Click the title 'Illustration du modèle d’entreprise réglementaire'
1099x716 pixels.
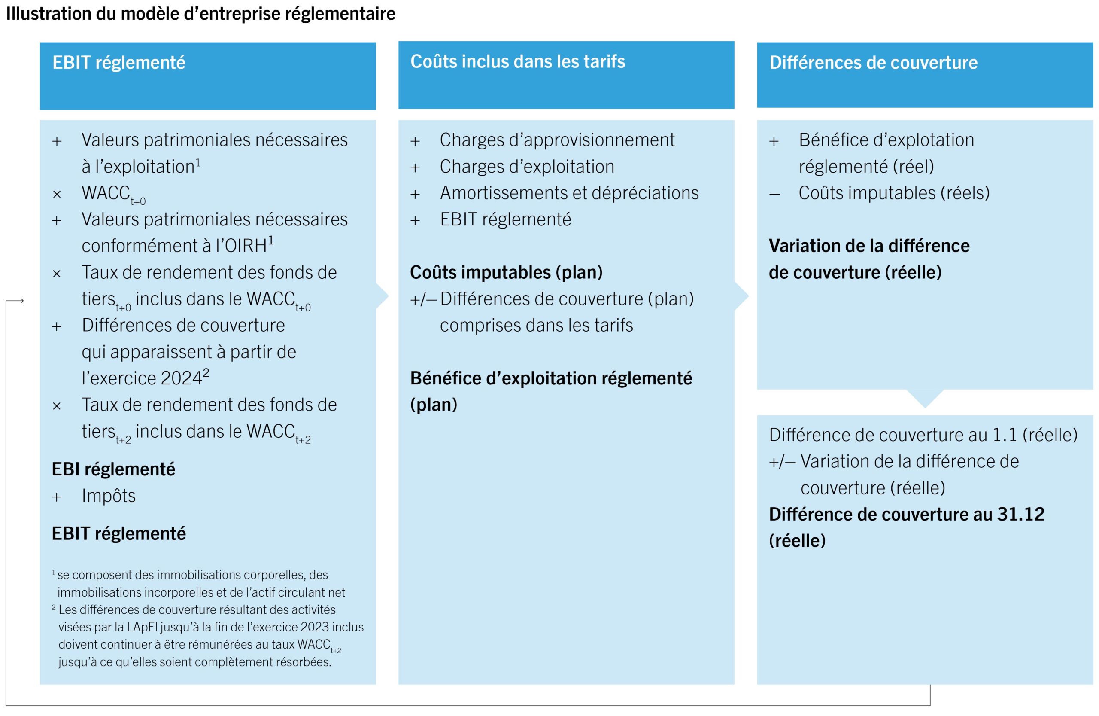pos(200,14)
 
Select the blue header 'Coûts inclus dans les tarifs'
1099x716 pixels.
pos(518,61)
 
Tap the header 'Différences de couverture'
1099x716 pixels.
pos(873,63)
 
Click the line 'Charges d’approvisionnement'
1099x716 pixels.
pos(557,140)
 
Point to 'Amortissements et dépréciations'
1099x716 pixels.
pos(569,193)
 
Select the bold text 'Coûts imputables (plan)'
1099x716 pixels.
pos(506,273)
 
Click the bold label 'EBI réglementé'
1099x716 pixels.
pos(113,469)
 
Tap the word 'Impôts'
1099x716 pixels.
pos(109,496)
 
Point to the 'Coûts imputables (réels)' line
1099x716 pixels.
pos(894,193)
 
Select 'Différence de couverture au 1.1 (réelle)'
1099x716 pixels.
pos(923,435)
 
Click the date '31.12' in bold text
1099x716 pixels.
pos(1020,515)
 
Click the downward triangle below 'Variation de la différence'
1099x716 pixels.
pos(925,398)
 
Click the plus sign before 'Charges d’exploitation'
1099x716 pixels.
pos(415,168)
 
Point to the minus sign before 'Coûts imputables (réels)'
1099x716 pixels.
pos(774,194)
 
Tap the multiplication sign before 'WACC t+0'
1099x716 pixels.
pos(57,195)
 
